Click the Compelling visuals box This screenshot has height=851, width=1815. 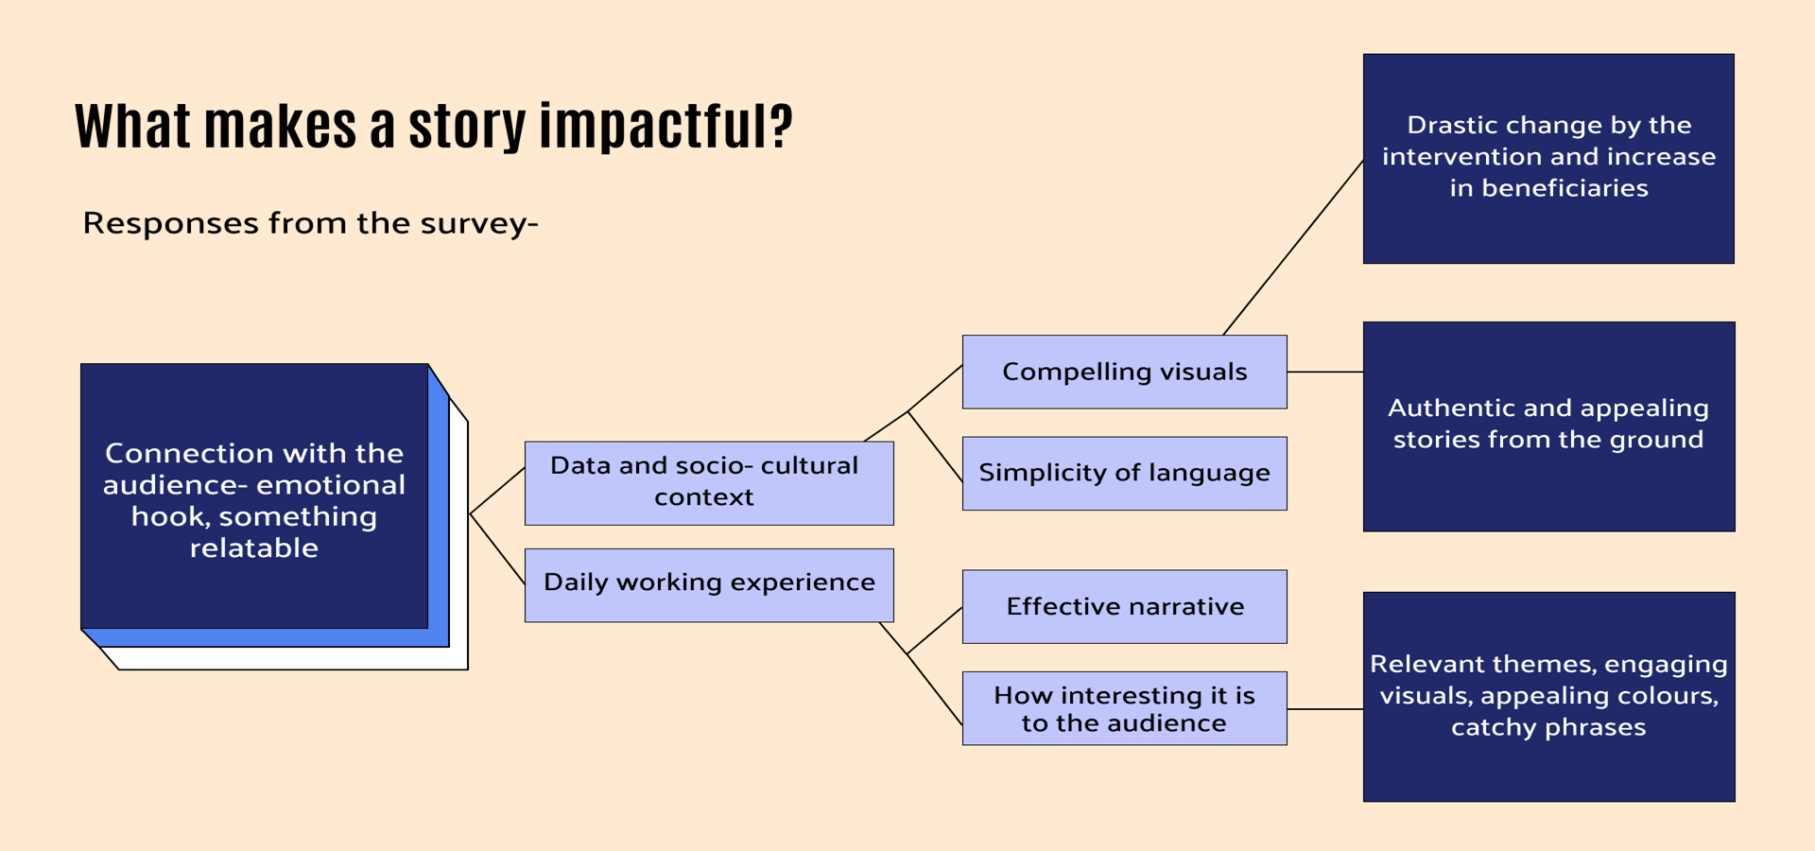coord(1124,372)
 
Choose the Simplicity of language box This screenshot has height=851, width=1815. coord(1124,473)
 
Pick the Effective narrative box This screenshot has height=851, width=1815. coord(1124,606)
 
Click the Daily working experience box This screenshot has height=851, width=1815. coord(709,584)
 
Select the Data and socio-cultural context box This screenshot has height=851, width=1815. coord(709,482)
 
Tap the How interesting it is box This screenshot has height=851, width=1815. coord(1124,708)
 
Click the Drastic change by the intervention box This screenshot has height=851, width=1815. coord(1548,158)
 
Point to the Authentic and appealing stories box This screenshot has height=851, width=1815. coord(1548,426)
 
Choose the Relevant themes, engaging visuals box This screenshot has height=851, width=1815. coord(1548,697)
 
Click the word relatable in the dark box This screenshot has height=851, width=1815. coord(254,547)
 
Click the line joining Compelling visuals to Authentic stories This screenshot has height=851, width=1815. coord(1325,372)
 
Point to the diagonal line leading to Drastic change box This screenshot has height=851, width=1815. coord(1293,248)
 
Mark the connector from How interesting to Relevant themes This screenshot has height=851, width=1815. coord(1325,708)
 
